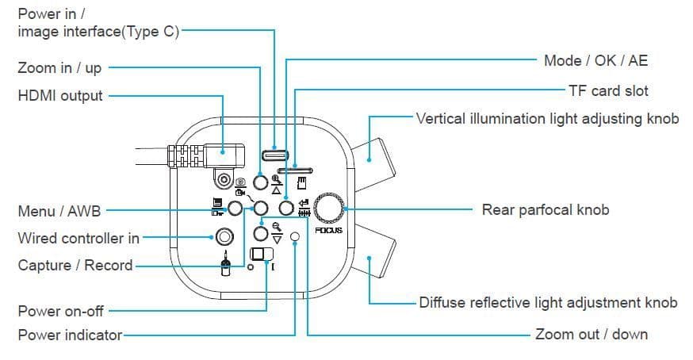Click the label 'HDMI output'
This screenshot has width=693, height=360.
pos(60,96)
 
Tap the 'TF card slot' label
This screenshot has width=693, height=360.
pos(608,90)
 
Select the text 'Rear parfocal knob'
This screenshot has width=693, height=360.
pos(546,210)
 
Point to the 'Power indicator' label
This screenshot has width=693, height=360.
pos(70,335)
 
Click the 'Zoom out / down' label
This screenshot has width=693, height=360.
pos(591,334)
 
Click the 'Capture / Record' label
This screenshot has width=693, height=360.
pos(75,265)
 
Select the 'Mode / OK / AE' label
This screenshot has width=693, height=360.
pos(595,60)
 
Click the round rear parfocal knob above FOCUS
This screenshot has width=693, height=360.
pos(329,208)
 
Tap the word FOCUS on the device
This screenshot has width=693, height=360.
pos(328,230)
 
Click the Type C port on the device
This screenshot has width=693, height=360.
pos(275,153)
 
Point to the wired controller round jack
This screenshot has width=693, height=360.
pos(224,236)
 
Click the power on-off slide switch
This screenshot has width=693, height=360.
pos(260,255)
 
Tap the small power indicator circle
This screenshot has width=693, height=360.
pos(295,236)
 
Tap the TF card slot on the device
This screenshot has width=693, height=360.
pos(294,169)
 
